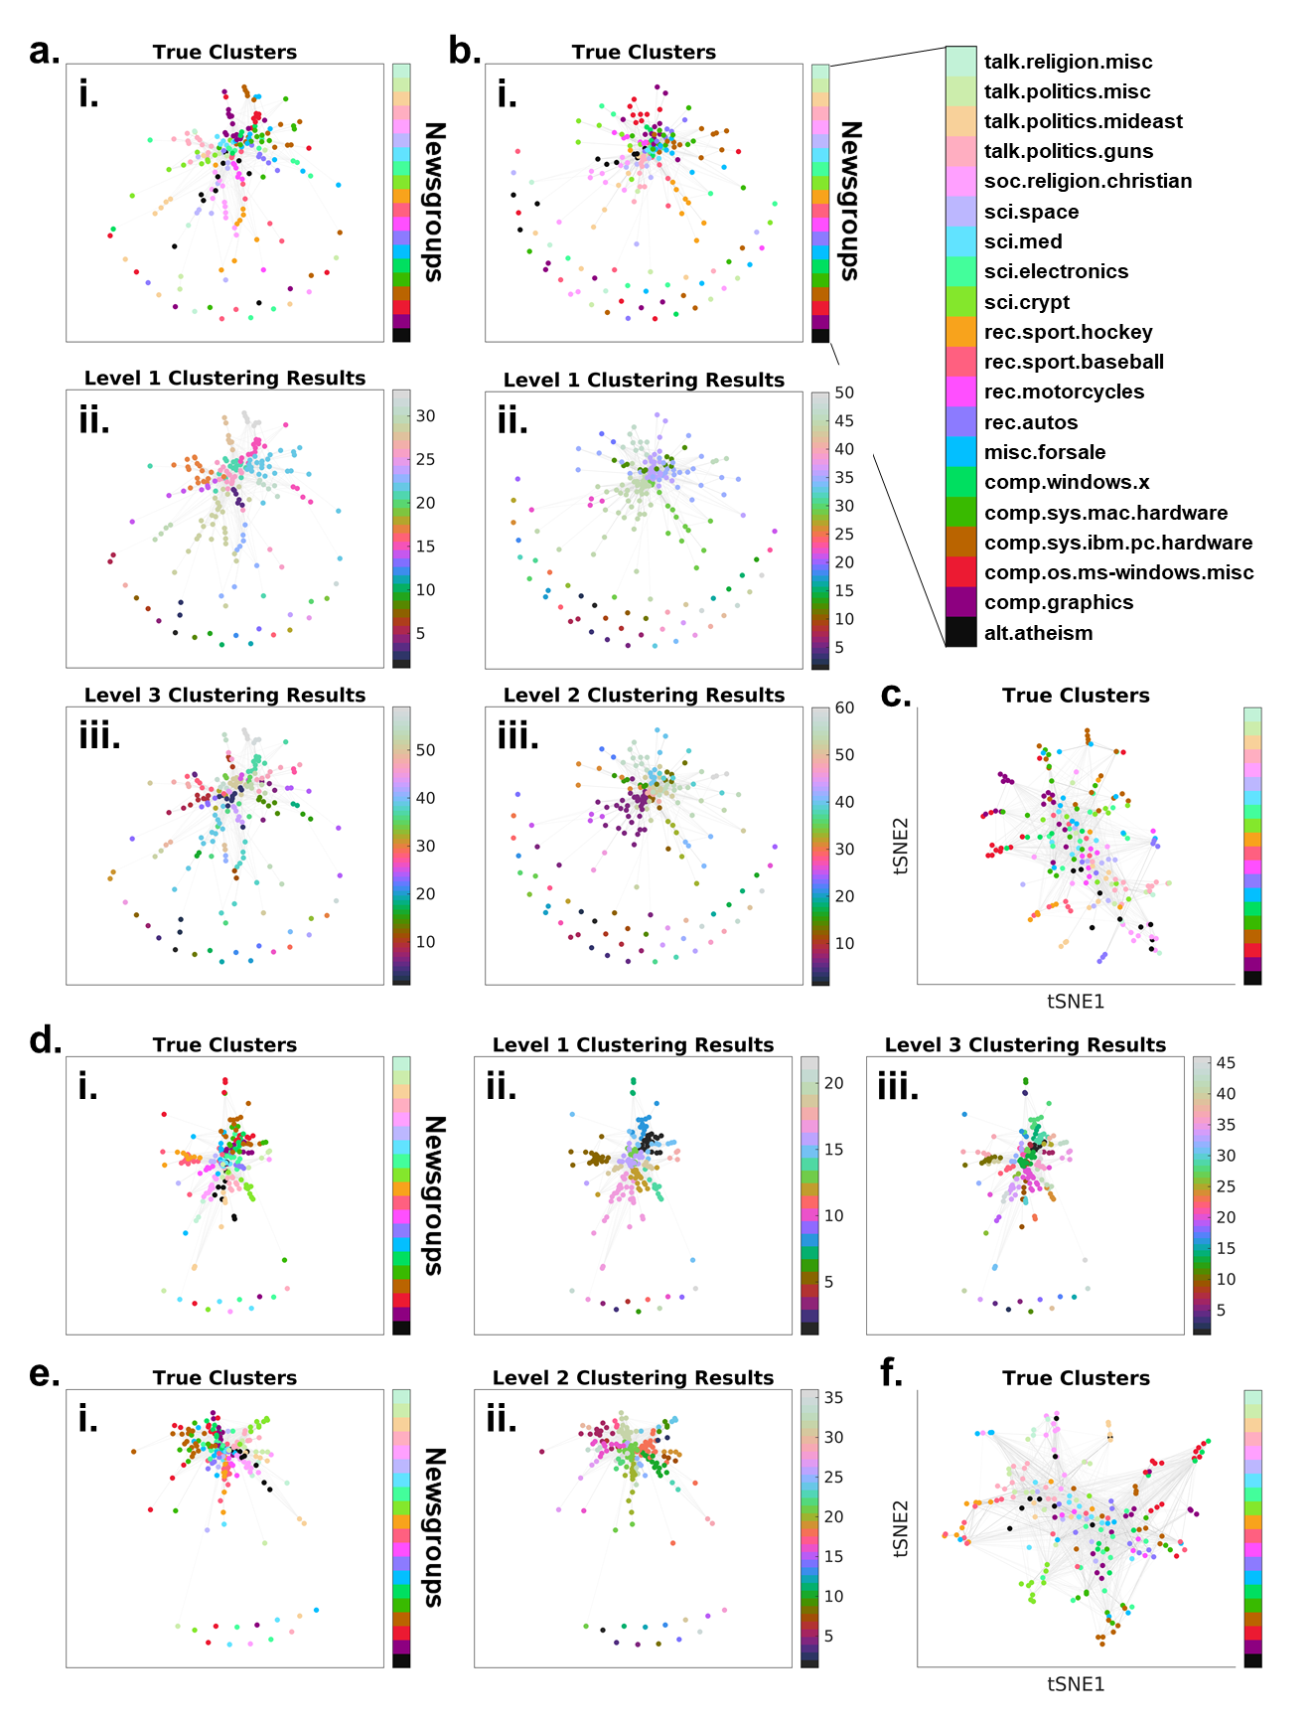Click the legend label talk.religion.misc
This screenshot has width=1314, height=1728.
click(1068, 62)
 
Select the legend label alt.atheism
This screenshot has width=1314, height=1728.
click(1038, 633)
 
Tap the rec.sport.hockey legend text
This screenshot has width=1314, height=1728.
click(1068, 332)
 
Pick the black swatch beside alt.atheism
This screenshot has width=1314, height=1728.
click(960, 632)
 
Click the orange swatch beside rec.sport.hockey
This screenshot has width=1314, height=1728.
click(960, 332)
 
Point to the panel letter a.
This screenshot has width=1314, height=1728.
click(44, 51)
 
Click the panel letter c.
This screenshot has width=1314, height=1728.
click(895, 696)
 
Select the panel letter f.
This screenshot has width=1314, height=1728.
click(891, 1374)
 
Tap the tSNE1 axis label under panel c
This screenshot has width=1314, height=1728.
click(1076, 1002)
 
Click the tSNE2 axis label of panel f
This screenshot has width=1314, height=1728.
click(901, 1528)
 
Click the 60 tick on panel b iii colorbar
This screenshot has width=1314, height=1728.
click(844, 708)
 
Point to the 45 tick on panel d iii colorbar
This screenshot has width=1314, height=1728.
click(1227, 1063)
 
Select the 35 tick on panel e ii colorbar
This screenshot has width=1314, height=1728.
click(833, 1398)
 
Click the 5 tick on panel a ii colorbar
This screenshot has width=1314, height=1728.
click(421, 633)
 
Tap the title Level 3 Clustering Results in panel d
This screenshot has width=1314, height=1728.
click(1025, 1045)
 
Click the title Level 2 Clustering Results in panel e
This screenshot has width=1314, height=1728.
click(633, 1378)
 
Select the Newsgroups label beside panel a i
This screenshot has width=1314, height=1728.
click(434, 202)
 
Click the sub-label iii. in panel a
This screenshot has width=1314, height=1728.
click(99, 737)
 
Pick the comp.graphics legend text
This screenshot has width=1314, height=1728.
click(1058, 602)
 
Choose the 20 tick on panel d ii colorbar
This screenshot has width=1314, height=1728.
click(833, 1083)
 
